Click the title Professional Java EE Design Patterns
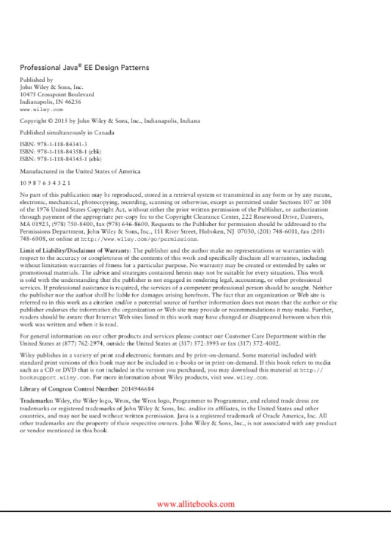[x=84, y=68]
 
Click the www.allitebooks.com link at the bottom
[x=195, y=504]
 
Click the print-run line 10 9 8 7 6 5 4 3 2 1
[x=45, y=183]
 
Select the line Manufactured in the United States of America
[x=80, y=171]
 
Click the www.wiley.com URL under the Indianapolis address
[x=41, y=110]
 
